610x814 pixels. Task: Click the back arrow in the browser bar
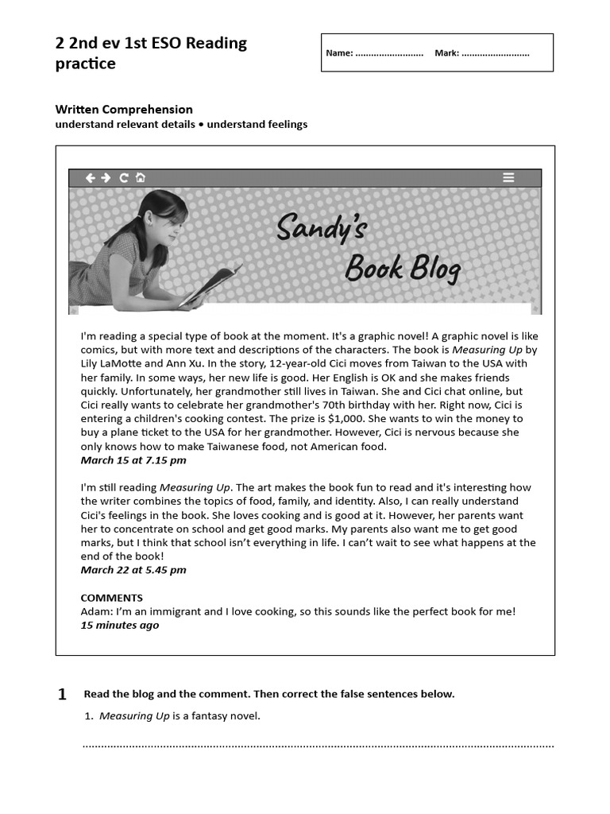(91, 177)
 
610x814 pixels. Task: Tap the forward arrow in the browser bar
(106, 177)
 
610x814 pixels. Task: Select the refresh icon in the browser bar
(124, 177)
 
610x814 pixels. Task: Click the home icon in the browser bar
(141, 177)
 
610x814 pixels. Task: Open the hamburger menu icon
(508, 177)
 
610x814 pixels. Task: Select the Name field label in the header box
(339, 53)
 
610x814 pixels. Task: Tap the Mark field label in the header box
(447, 53)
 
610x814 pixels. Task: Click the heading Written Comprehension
(124, 110)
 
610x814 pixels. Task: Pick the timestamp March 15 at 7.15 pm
(133, 460)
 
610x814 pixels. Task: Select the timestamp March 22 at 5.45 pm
(133, 570)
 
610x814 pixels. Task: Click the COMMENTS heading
(112, 598)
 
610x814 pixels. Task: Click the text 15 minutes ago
(120, 626)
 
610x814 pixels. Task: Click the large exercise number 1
(62, 695)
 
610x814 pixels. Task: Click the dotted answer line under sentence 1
(318, 746)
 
